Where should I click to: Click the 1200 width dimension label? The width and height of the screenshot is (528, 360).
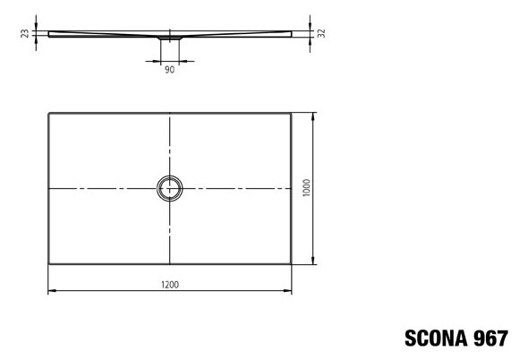[x=170, y=285]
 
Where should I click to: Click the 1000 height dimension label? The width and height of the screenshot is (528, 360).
[x=306, y=188]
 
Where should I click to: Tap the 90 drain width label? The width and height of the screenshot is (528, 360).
[x=170, y=70]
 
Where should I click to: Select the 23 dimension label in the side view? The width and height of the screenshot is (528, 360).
[x=25, y=34]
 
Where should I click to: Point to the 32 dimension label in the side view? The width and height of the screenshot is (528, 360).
[x=321, y=33]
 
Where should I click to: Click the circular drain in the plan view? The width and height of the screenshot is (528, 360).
[x=170, y=176]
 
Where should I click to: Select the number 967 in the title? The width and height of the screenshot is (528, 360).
[x=490, y=339]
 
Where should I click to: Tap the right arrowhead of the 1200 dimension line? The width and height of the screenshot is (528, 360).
[x=288, y=290]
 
